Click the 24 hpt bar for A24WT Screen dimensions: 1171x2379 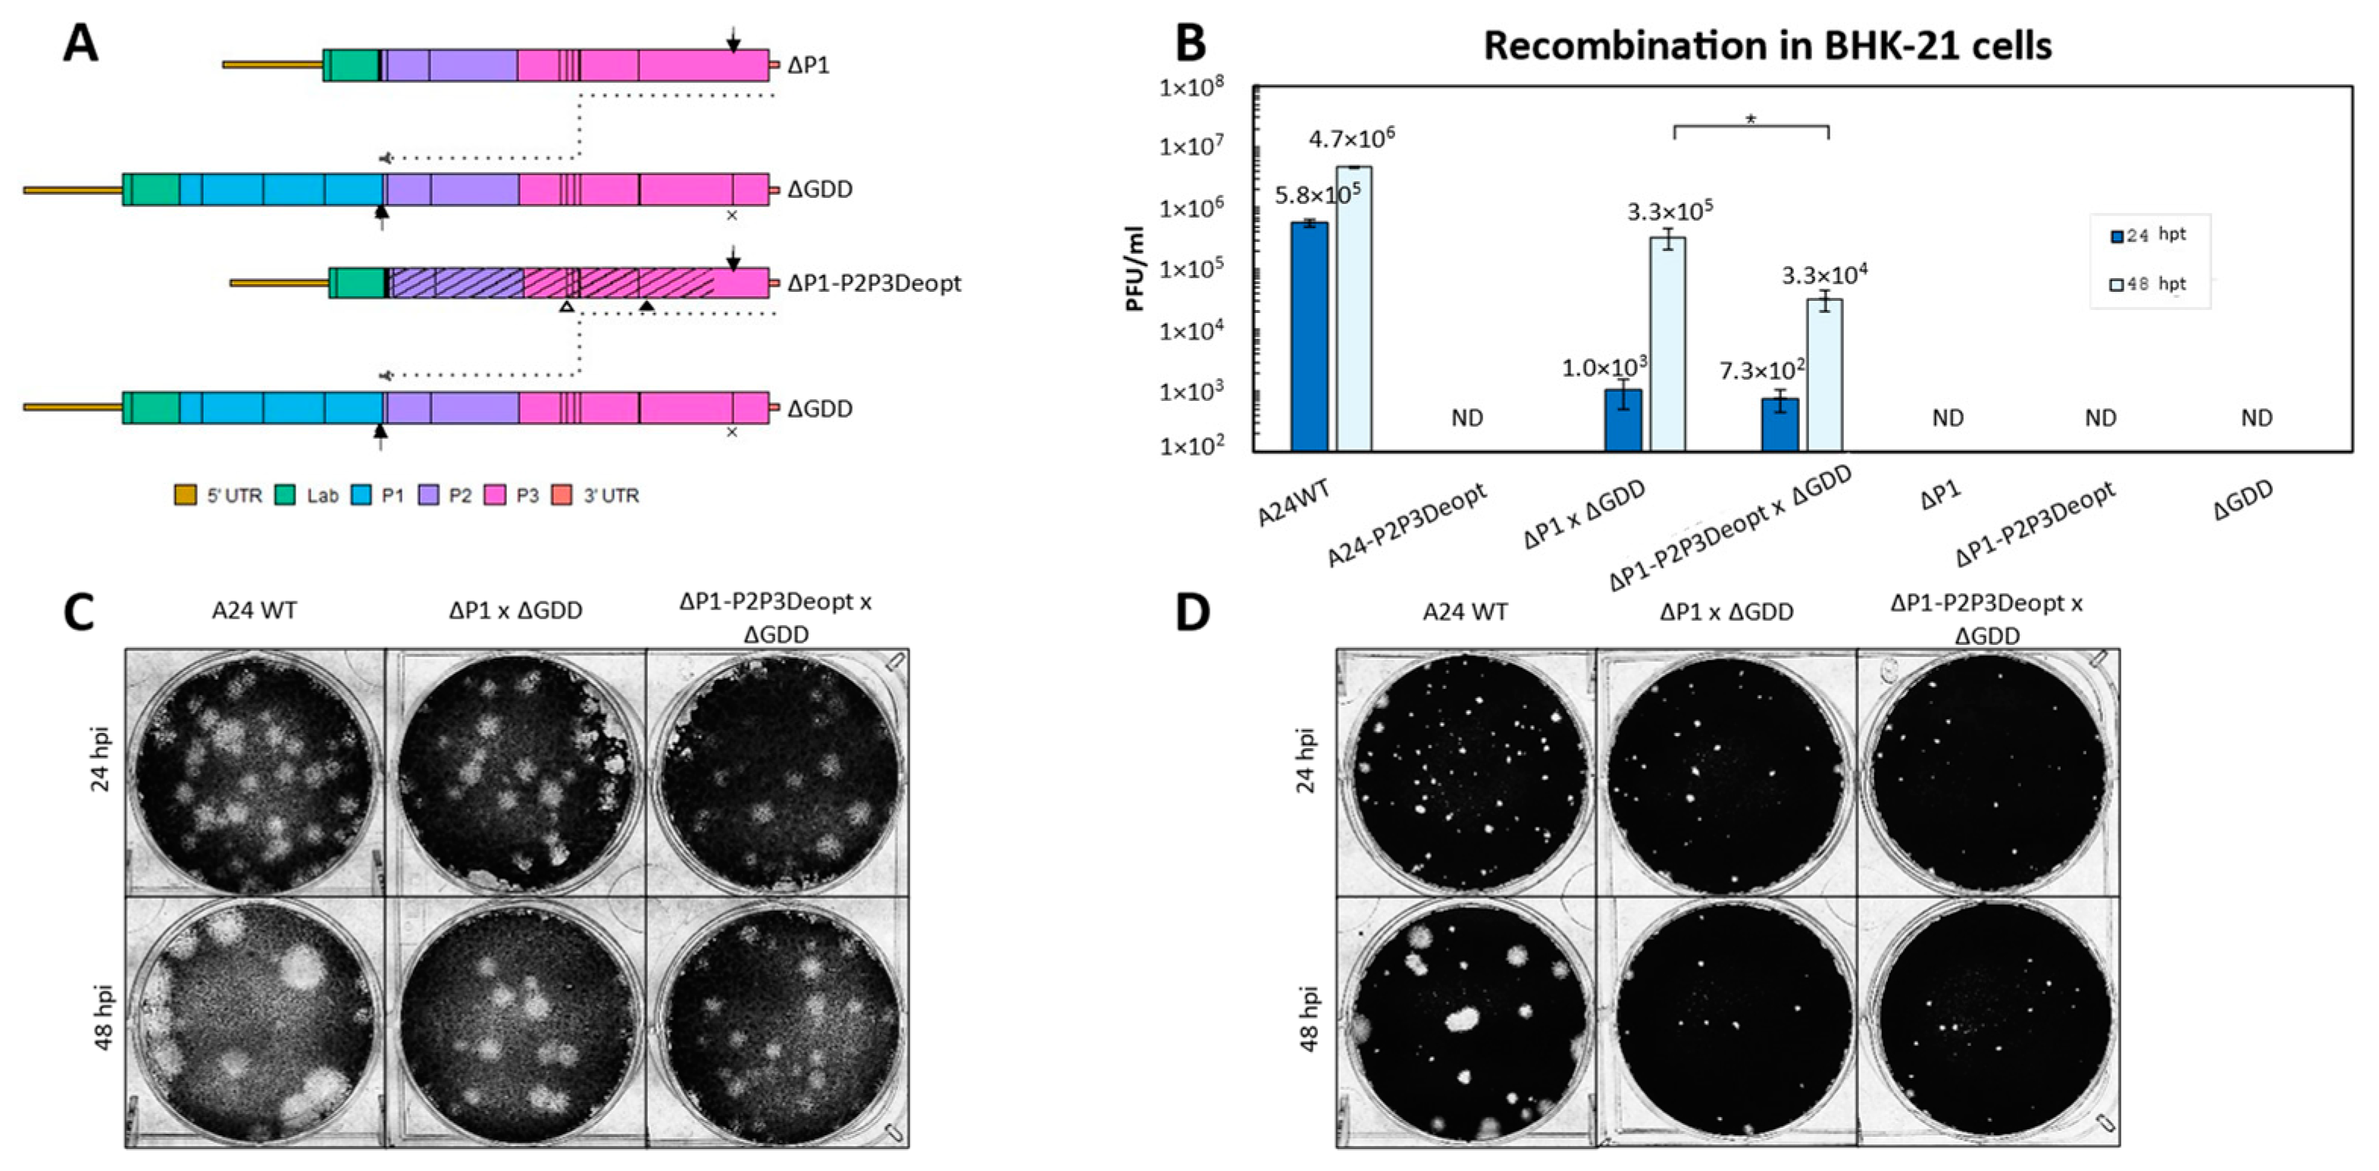click(1309, 337)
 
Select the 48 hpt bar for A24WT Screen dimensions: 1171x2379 click(1353, 308)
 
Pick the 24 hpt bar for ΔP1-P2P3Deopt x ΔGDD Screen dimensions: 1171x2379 click(1780, 424)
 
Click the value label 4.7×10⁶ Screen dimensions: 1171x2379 click(1351, 139)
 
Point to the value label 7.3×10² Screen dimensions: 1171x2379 click(1761, 371)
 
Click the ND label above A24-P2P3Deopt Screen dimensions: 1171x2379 click(1467, 418)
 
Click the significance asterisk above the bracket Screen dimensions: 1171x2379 click(1751, 118)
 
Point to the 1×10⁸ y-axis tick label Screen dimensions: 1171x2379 click(1191, 88)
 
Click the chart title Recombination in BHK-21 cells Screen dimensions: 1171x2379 click(1767, 45)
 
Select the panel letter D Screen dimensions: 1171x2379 click(1192, 612)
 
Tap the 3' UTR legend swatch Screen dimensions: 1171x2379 click(562, 496)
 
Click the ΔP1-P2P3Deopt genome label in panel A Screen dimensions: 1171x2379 click(874, 283)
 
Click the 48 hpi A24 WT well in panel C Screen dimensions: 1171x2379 click(254, 1020)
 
